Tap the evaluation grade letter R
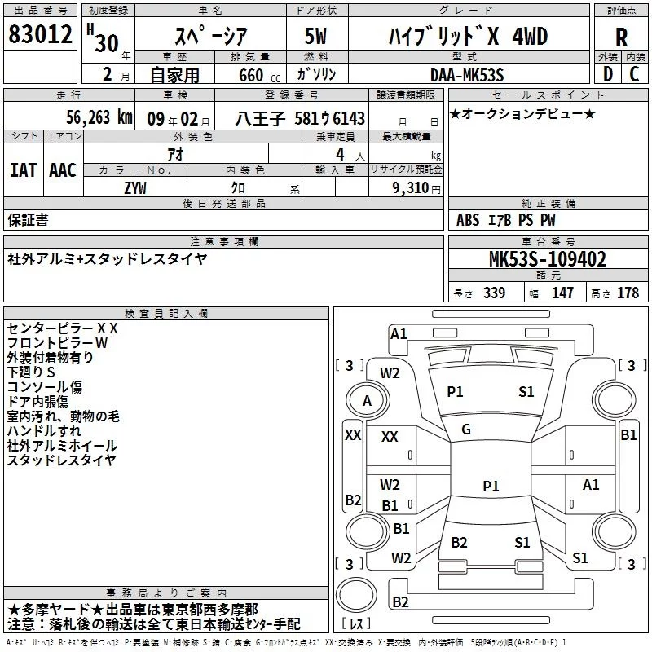[622, 37]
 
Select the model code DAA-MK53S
[467, 75]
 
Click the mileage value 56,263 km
[89, 117]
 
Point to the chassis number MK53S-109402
[547, 259]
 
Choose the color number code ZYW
[135, 187]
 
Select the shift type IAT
[23, 170]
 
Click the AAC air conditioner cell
[62, 170]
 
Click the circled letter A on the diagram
[367, 400]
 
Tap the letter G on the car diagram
[466, 430]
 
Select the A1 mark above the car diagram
[399, 333]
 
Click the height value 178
[628, 293]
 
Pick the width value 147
[562, 293]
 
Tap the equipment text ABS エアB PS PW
[506, 219]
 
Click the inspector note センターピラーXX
[63, 328]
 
